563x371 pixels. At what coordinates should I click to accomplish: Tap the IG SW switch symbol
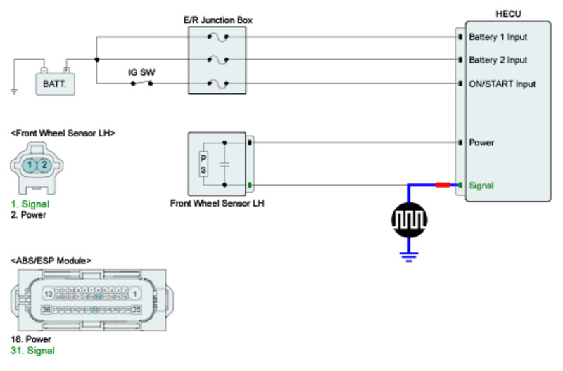(x=141, y=83)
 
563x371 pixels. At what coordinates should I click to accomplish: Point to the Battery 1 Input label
(x=498, y=37)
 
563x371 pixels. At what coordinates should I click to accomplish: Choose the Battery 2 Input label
(x=498, y=60)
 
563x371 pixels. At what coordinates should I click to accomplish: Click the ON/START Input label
(x=502, y=84)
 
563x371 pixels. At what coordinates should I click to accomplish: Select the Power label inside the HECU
(x=481, y=143)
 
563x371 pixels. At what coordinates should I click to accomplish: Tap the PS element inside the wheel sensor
(x=204, y=164)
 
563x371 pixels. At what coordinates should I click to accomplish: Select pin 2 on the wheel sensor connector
(x=44, y=164)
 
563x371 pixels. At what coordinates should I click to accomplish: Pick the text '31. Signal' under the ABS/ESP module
(x=32, y=351)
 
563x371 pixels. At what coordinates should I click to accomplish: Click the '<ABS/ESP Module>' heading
(x=51, y=261)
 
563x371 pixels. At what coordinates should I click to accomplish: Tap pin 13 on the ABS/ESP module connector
(x=48, y=293)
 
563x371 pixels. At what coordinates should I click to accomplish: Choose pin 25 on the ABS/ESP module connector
(x=137, y=309)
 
